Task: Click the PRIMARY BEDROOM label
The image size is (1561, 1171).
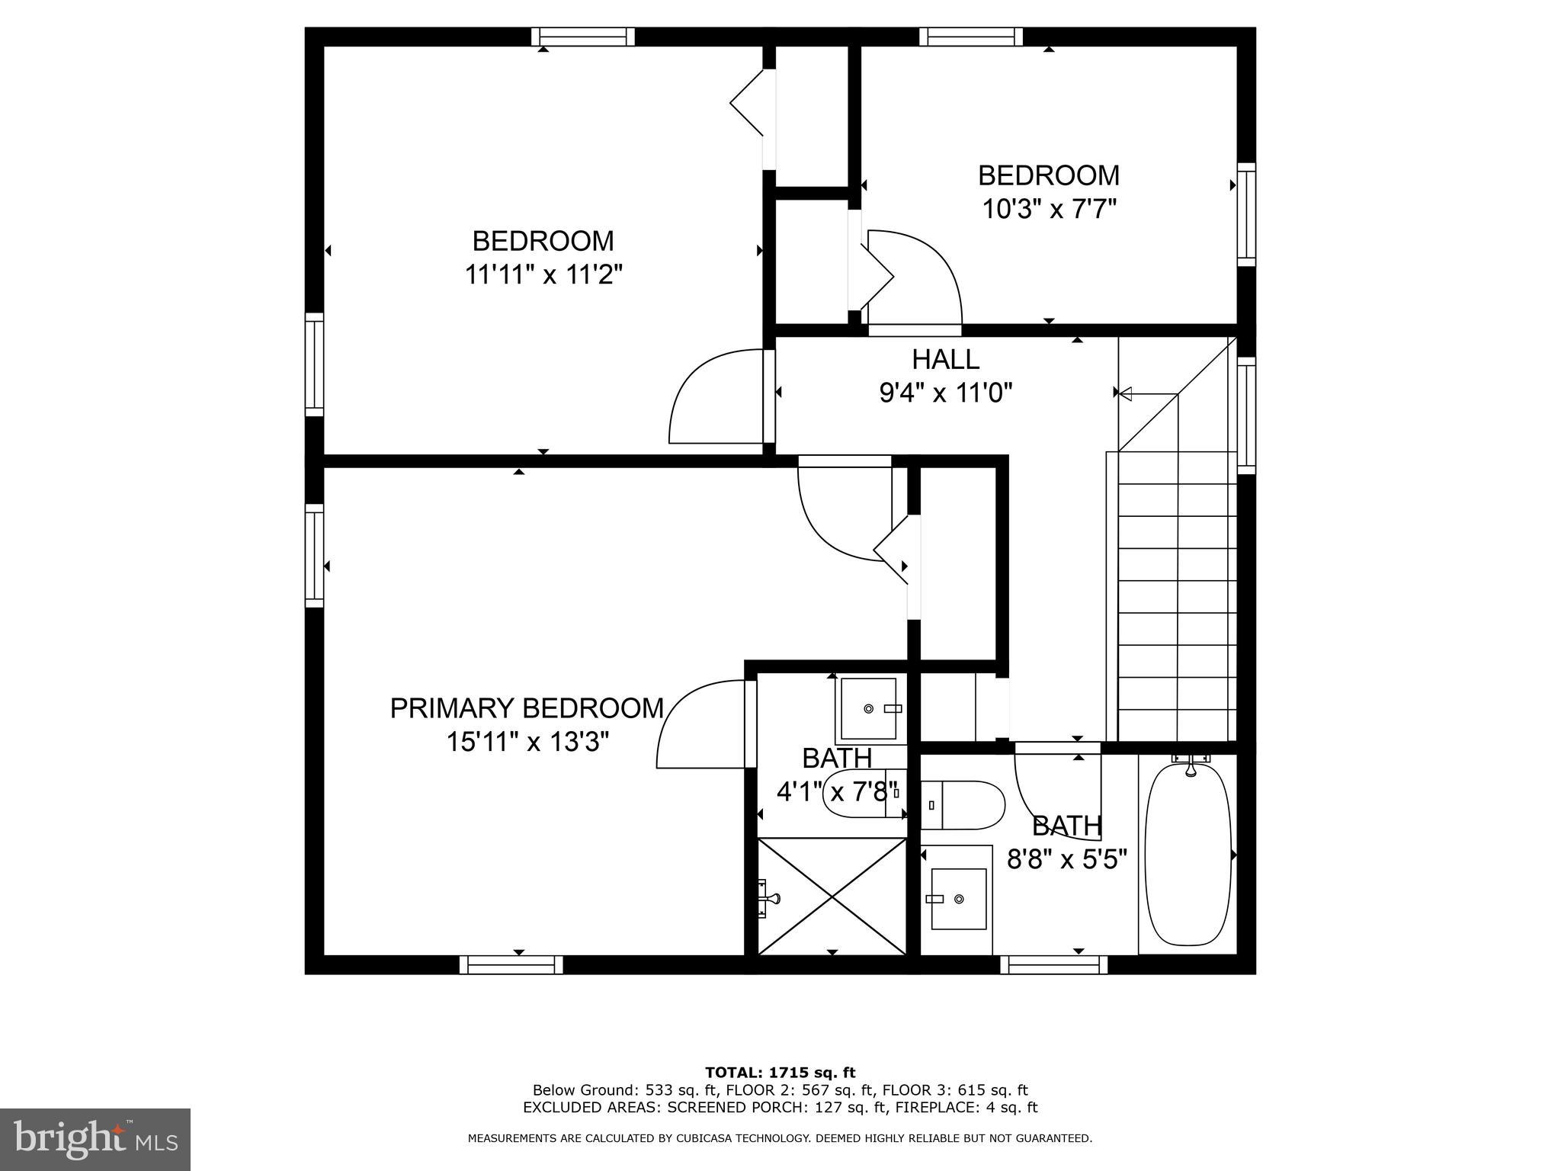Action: click(527, 708)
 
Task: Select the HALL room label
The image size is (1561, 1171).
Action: click(945, 359)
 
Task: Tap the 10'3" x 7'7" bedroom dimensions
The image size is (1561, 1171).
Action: click(1049, 209)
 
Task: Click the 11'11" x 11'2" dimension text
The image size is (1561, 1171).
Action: click(543, 274)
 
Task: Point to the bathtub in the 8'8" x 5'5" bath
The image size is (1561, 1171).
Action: click(1188, 854)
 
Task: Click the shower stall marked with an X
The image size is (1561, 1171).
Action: click(832, 895)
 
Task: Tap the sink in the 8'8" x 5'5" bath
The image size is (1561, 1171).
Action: click(959, 899)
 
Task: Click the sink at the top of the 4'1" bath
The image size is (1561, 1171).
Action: click(869, 709)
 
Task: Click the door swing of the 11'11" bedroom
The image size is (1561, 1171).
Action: click(716, 396)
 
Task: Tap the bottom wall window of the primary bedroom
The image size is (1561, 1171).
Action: click(511, 965)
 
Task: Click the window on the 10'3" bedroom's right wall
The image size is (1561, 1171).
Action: click(1245, 214)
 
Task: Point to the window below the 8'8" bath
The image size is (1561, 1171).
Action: click(1053, 965)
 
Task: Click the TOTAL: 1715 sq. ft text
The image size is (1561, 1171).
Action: click(780, 1073)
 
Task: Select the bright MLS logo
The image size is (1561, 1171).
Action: click(95, 1140)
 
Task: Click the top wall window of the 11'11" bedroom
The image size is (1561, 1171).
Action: click(583, 36)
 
